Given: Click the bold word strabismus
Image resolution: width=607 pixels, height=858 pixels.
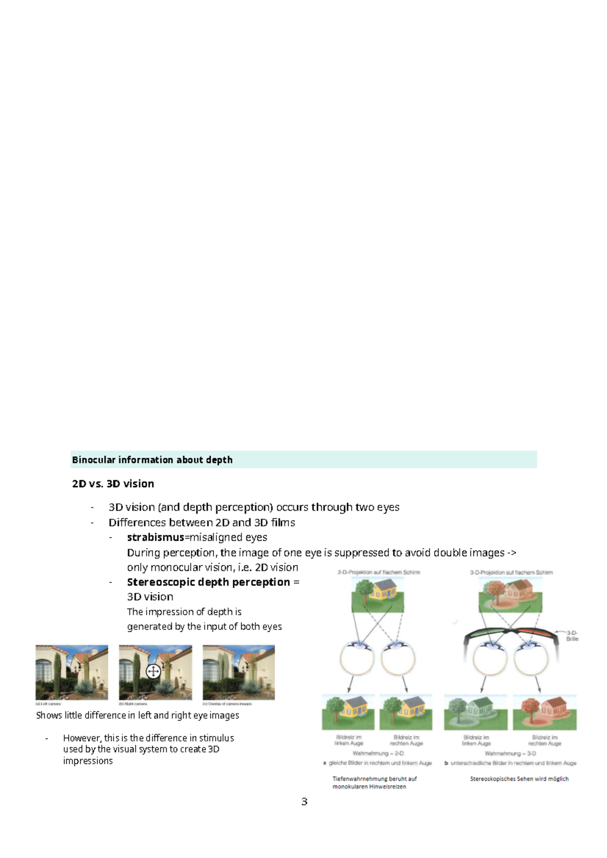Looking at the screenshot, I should tap(155, 537).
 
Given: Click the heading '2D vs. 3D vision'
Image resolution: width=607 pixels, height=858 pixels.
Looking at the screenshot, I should tap(113, 484).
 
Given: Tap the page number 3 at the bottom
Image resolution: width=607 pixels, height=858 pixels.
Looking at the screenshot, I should tap(304, 801).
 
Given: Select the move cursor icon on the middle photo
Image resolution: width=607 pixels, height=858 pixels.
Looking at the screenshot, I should tap(153, 671).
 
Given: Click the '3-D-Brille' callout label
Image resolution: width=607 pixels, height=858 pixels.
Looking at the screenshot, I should tap(572, 636).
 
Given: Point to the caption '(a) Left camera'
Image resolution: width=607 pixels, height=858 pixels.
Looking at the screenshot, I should tap(48, 704).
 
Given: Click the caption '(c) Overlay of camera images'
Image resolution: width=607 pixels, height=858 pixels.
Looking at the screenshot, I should tap(227, 704).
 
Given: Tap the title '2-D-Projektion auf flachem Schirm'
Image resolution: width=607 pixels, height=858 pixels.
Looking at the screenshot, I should tap(379, 573).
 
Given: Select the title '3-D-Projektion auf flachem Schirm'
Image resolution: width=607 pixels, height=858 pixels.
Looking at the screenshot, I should tap(511, 573).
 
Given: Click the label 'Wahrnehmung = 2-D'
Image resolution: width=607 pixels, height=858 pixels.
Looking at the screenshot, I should tap(378, 753).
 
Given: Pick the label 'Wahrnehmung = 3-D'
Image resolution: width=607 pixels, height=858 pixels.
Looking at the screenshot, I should tap(510, 753).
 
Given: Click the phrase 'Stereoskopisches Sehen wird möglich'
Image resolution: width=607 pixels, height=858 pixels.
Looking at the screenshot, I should tap(519, 779).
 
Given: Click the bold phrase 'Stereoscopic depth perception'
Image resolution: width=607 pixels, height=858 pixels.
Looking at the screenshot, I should tap(208, 582).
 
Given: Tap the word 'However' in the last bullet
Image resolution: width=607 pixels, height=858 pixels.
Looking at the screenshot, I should tap(81, 738).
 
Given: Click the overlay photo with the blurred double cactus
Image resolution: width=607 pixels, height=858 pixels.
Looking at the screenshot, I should tap(239, 672).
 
